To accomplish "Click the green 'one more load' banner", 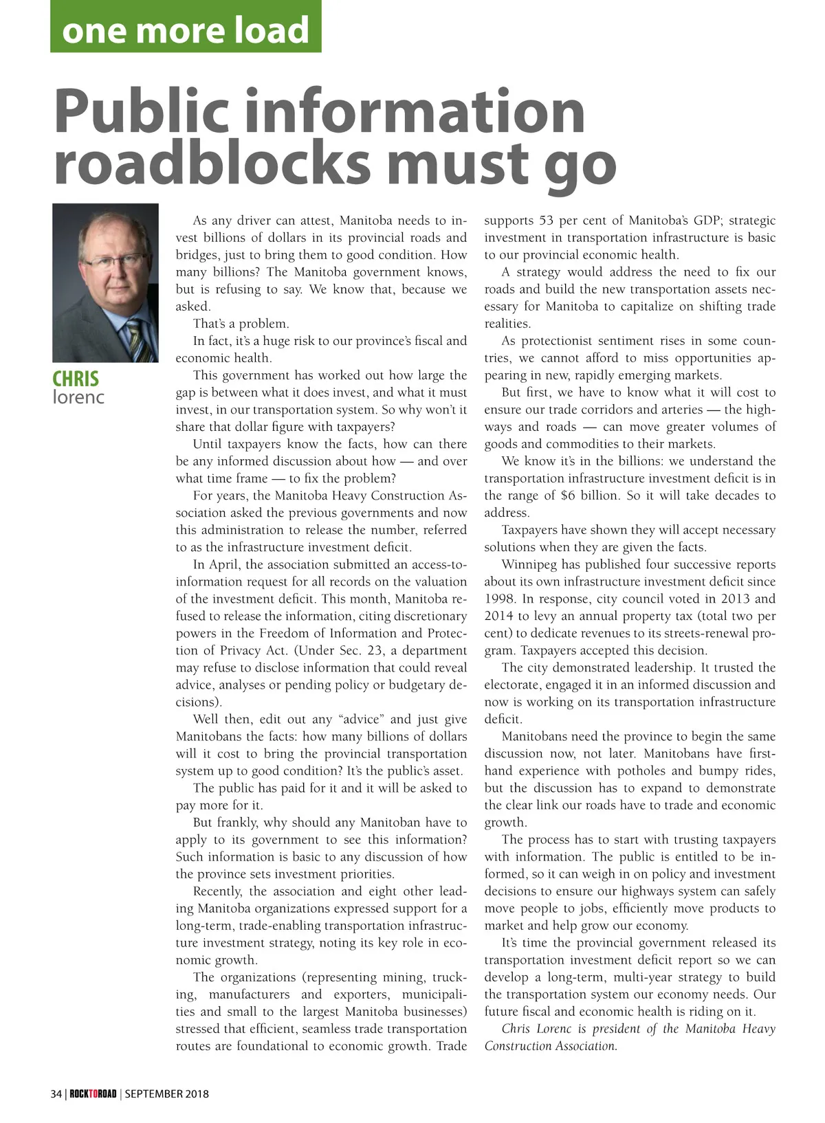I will [186, 27].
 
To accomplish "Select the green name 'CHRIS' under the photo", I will [76, 379].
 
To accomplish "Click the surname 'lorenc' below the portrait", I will [78, 397].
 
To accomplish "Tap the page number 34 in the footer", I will [56, 1093].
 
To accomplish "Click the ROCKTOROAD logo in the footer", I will [93, 1093].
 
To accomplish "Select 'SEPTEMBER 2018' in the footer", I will [166, 1093].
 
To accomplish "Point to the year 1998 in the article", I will [499, 599].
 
